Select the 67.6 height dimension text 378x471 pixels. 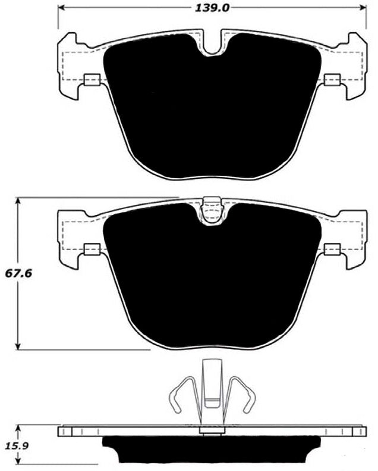tap(20, 275)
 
